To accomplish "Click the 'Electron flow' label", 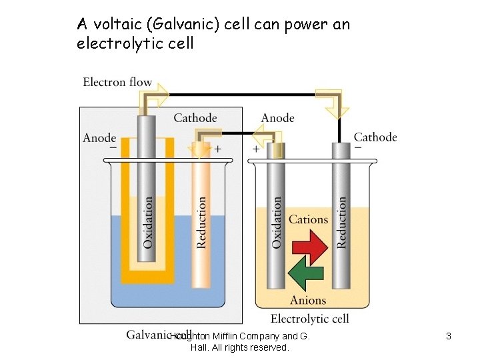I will [117, 83].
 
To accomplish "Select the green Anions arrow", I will [305, 275].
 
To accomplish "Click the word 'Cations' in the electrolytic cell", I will [308, 219].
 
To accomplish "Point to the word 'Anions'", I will [308, 301].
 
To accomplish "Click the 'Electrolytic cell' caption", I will [309, 319].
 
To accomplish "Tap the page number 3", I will [449, 337].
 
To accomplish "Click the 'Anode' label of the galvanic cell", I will [99, 138].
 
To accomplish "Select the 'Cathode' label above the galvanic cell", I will [195, 118].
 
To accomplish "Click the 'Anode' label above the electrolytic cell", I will [277, 118].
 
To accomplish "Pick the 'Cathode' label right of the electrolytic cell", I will [375, 137].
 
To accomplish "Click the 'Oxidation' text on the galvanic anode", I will [147, 221].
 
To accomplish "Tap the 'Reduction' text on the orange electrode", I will [201, 222].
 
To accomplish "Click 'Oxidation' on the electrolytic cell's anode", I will [277, 222].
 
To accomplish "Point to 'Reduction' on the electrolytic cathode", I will [342, 222].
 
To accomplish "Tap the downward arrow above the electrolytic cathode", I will [331, 102].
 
